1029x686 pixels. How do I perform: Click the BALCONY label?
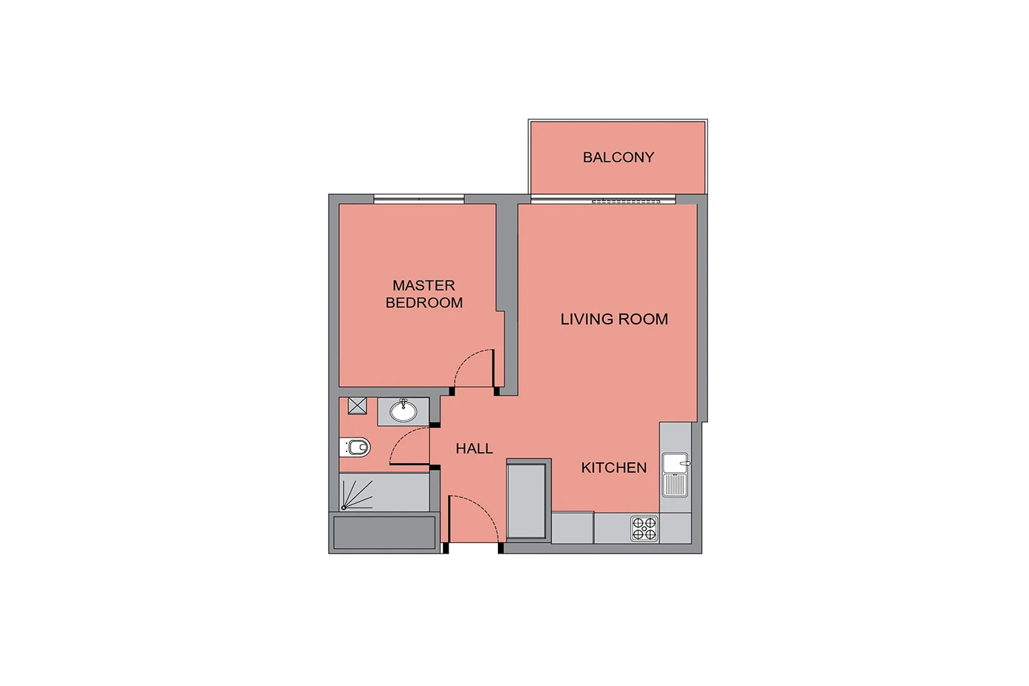[x=618, y=158]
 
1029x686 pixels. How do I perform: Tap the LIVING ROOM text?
[x=614, y=320]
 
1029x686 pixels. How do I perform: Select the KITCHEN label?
[x=614, y=468]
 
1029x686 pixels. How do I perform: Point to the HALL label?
[x=474, y=449]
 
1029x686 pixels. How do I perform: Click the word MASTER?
[x=423, y=286]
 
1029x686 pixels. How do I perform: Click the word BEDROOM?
[x=424, y=303]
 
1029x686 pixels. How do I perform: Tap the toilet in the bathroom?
[x=355, y=447]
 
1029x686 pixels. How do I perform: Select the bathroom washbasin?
[x=403, y=411]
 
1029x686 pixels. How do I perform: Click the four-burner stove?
[x=644, y=529]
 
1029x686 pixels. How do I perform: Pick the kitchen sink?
[x=675, y=475]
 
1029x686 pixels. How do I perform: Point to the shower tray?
[x=384, y=493]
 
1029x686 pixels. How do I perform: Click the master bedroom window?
[x=418, y=199]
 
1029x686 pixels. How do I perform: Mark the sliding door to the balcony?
[x=603, y=200]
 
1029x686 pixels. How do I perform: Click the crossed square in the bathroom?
[x=357, y=406]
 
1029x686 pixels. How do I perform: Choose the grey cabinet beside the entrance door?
[x=526, y=501]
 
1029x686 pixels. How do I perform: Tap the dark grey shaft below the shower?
[x=384, y=532]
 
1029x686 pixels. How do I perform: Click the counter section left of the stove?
[x=572, y=528]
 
